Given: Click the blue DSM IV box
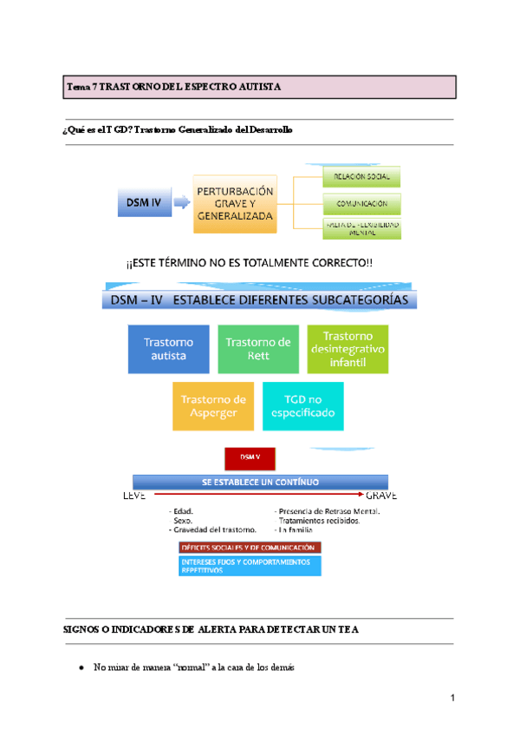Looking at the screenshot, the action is tap(144, 204).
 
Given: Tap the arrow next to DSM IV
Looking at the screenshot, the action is tap(182, 204).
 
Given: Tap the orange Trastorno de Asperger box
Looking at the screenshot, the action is tap(213, 405).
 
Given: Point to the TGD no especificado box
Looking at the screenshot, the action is tap(302, 405).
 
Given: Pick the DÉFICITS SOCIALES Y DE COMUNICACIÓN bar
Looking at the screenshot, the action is tap(249, 548).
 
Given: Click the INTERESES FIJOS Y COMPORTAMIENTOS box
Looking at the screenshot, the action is tap(249, 565).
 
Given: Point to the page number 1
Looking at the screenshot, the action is tap(452, 700).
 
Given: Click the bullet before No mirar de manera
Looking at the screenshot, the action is tap(81, 667).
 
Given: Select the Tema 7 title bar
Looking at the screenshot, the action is tap(260, 87).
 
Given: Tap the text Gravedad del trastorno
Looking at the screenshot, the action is tap(214, 529).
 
